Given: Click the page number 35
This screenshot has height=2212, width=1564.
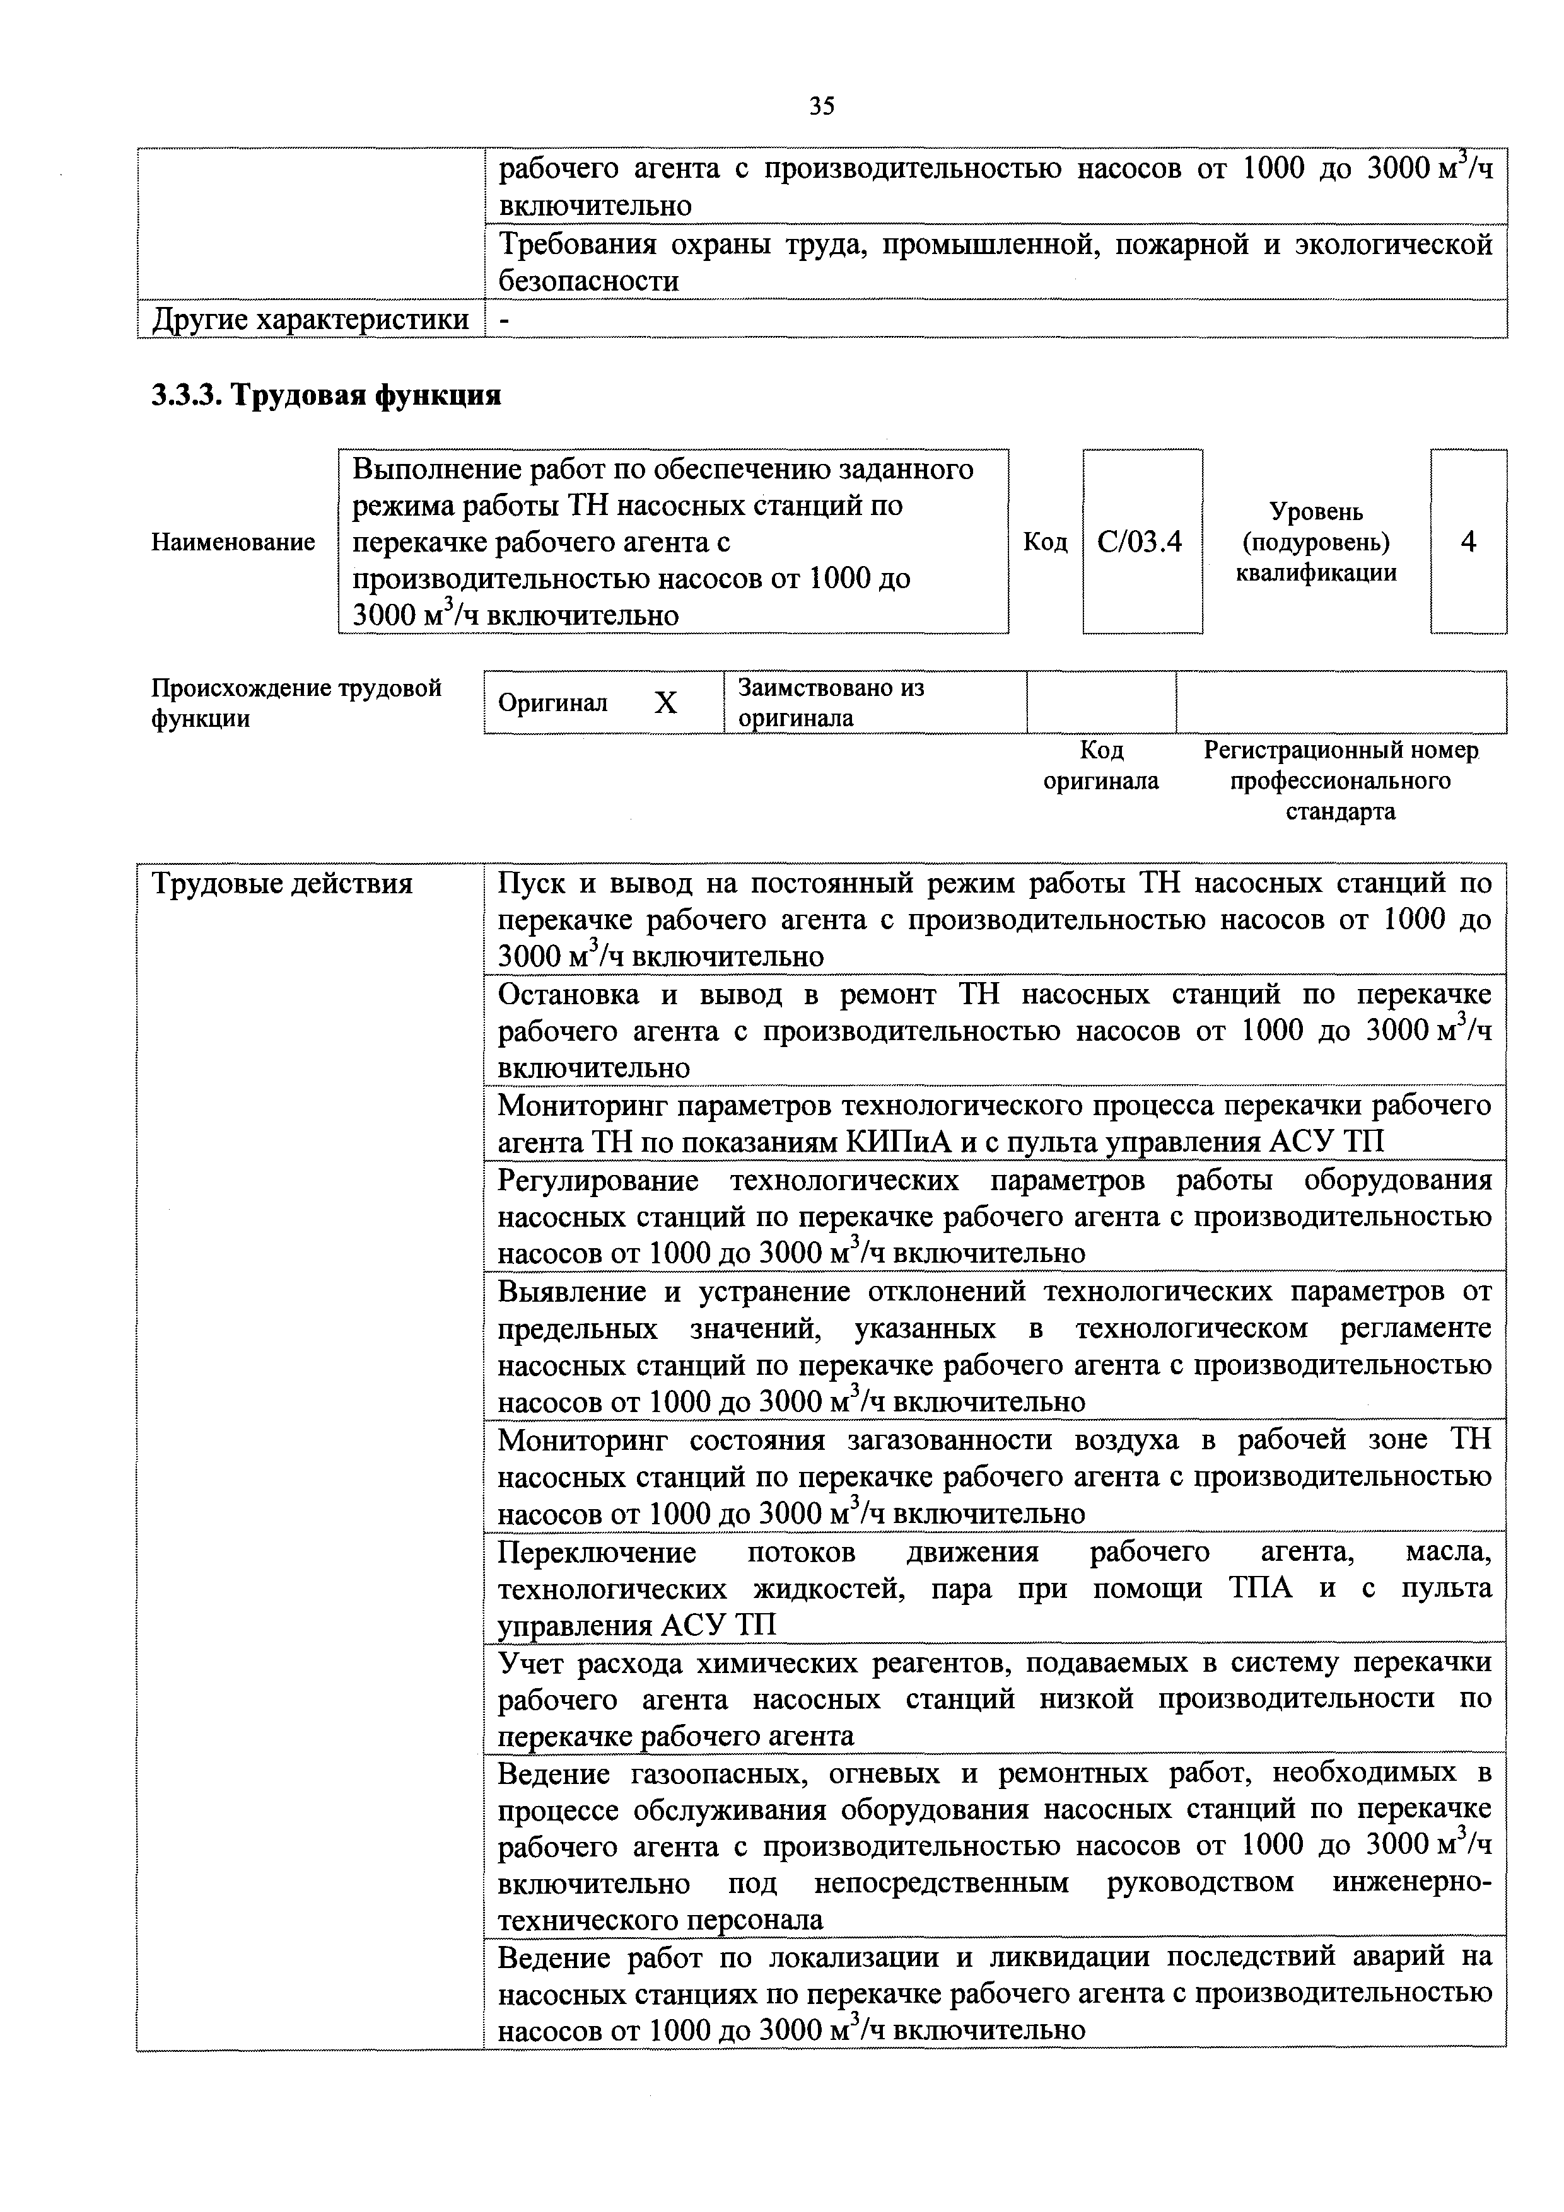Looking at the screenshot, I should click(x=821, y=107).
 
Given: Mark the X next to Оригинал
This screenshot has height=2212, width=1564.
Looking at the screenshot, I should click(x=666, y=704).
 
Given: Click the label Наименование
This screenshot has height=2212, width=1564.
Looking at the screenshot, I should click(x=233, y=542).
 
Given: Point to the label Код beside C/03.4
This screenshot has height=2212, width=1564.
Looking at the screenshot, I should click(x=1046, y=542).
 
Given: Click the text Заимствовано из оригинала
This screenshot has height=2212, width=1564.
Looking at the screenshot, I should click(x=830, y=702).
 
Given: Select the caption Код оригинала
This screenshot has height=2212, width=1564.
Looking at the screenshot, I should click(x=1100, y=765).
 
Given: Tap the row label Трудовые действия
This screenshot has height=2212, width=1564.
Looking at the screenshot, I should click(x=283, y=883).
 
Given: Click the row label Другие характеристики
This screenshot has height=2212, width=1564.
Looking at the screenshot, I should click(x=309, y=320).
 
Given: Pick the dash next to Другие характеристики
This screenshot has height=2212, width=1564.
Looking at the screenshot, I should click(x=504, y=320).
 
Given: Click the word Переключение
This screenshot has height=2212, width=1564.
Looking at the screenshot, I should click(x=597, y=1552).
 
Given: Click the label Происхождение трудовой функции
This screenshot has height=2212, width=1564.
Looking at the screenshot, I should click(x=296, y=702).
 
